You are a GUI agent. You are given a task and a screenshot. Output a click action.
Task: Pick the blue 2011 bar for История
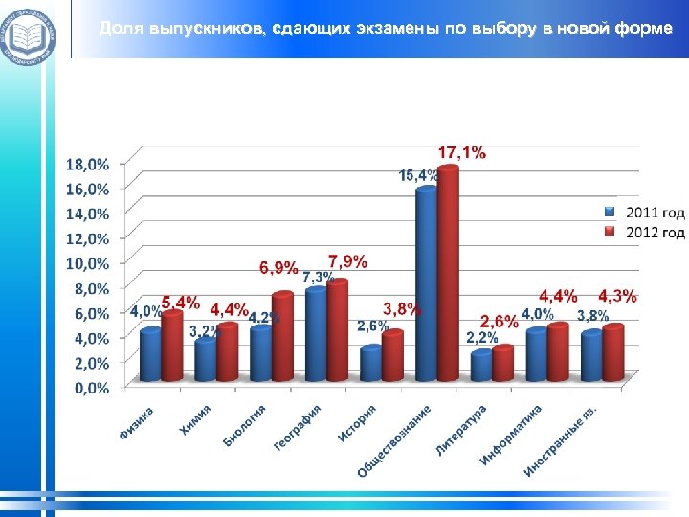[x=370, y=365]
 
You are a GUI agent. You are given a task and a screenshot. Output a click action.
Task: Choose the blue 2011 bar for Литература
[x=481, y=368]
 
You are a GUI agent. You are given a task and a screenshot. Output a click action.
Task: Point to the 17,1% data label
[x=462, y=152]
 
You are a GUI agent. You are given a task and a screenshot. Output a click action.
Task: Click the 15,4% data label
[x=418, y=175]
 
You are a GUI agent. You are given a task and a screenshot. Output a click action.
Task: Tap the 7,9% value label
[x=347, y=260]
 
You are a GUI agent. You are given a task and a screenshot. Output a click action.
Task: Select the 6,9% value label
[x=278, y=268]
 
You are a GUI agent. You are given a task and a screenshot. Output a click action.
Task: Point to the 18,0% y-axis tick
[x=87, y=164]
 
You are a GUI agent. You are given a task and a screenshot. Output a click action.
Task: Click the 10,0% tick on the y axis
[x=87, y=263]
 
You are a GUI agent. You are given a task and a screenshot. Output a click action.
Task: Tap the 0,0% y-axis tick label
[x=87, y=388]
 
